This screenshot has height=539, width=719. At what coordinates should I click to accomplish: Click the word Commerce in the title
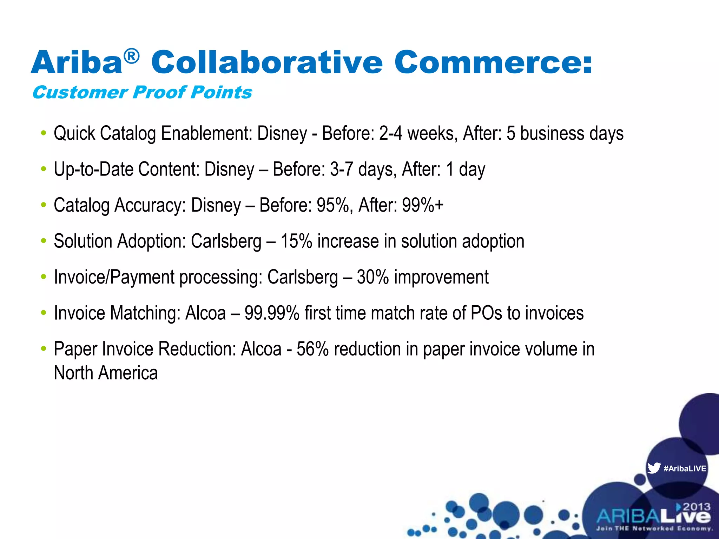pos(493,62)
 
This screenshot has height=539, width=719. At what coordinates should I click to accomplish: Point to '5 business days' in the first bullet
pos(565,134)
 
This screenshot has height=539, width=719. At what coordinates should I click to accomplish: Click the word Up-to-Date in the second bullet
pos(94,169)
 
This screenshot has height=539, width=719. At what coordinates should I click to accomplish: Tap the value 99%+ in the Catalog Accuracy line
pos(423,205)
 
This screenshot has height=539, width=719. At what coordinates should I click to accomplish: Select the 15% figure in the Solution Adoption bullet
pos(296,241)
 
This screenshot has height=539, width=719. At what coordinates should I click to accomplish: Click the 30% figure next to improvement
pos(373,277)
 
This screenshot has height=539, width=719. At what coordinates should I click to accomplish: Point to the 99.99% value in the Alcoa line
pos(272,313)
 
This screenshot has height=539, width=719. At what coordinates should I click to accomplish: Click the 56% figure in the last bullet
pos(312,349)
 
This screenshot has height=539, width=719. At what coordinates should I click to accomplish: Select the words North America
pos(106,373)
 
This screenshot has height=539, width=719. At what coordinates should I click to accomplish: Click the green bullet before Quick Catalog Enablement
pos(43,133)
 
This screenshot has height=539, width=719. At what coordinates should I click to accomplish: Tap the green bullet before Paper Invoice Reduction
pos(43,349)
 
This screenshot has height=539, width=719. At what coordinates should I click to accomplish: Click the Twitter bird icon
pos(654,468)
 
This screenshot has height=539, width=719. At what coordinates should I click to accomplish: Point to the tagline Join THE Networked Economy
pos(654,528)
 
